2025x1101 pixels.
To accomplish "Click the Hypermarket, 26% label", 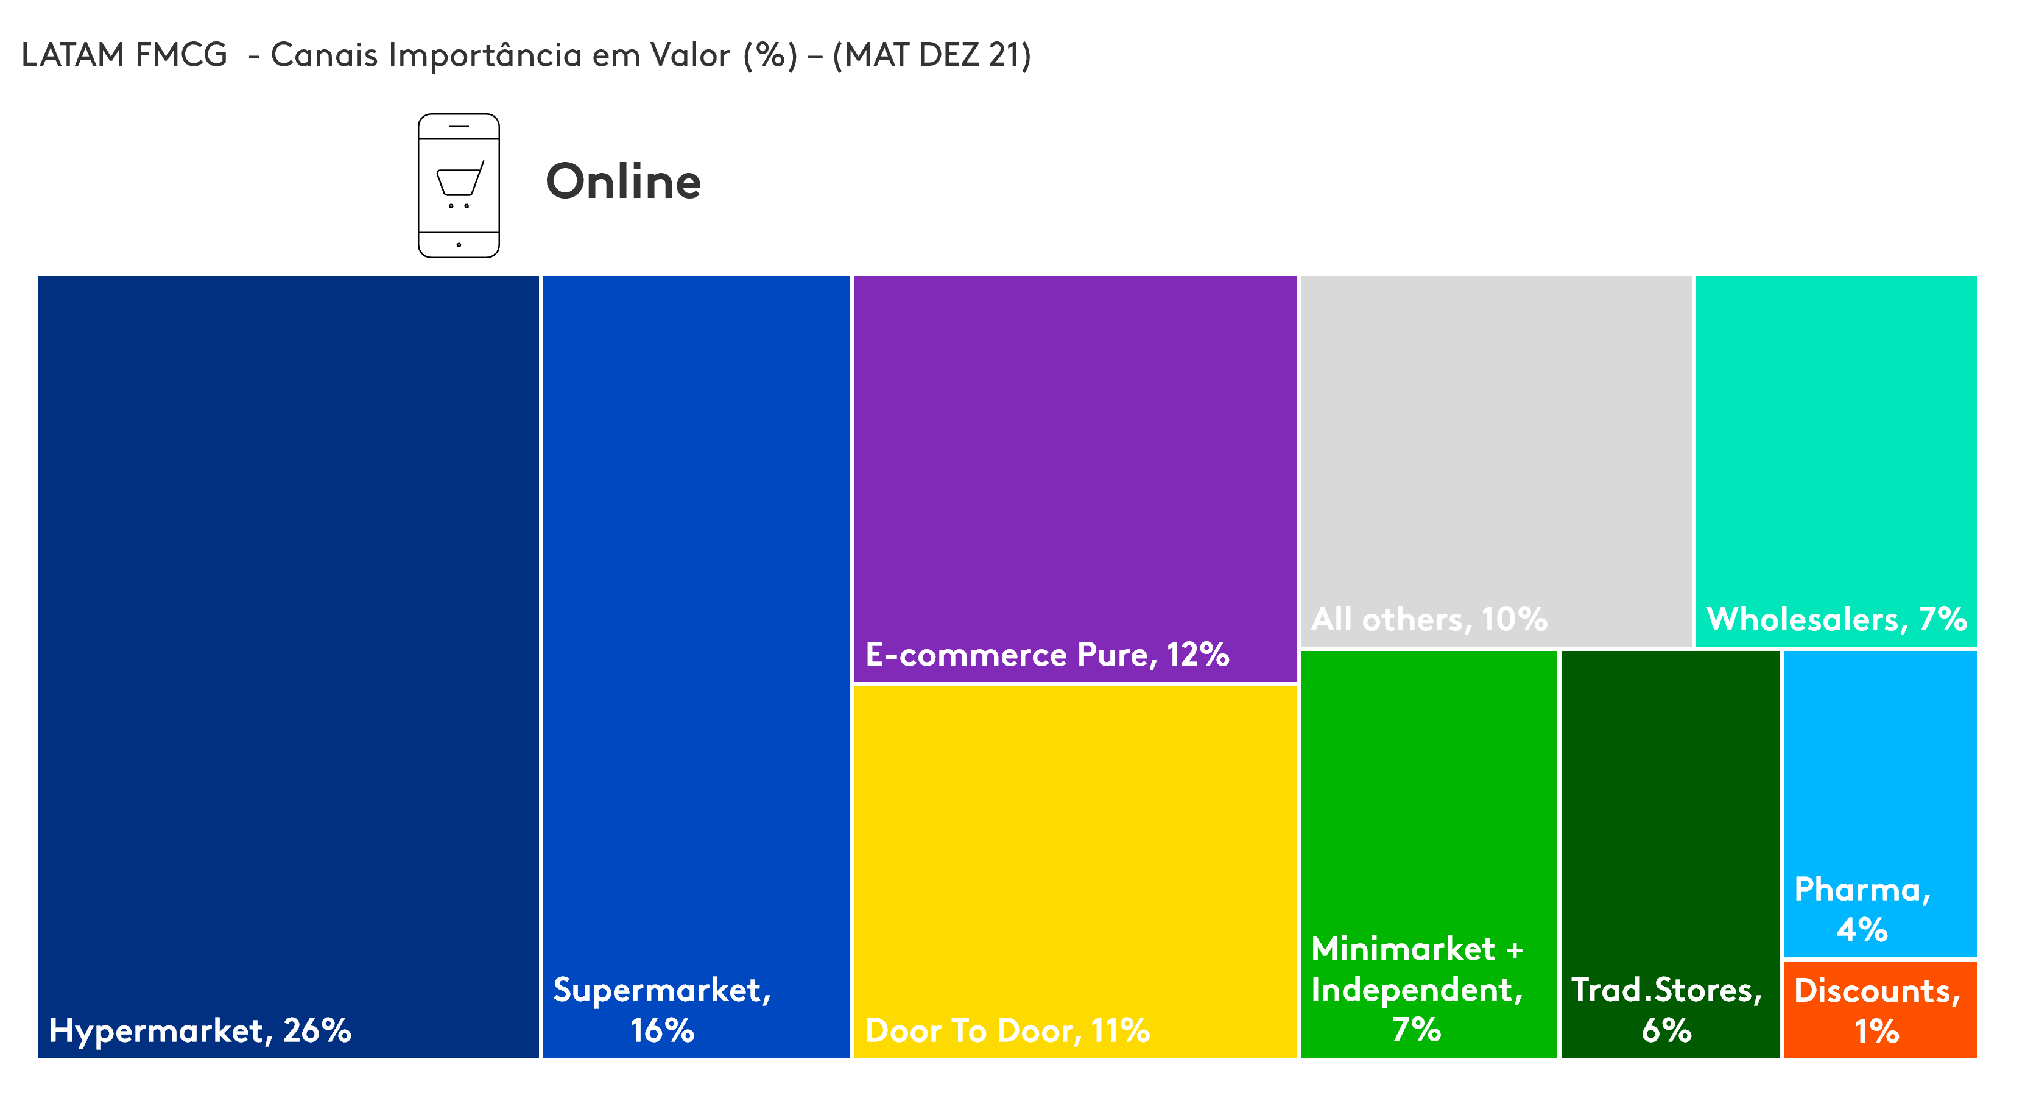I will [200, 1030].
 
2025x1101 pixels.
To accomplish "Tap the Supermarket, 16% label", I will [662, 1010].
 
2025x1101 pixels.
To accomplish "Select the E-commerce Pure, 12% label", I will [1047, 655].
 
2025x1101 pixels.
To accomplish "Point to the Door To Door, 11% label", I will [1007, 1030].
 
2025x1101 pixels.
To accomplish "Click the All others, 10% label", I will [1429, 619].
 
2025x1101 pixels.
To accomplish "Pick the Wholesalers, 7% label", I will [1836, 619].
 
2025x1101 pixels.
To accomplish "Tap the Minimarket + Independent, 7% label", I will [1417, 988].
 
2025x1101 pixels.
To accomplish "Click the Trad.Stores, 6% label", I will [1666, 1010].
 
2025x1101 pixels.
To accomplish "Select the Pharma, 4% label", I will [1862, 910].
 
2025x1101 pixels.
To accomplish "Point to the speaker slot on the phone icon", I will [459, 125].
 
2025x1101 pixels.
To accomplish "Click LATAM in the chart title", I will [73, 55].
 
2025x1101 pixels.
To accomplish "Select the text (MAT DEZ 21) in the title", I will [932, 55].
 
